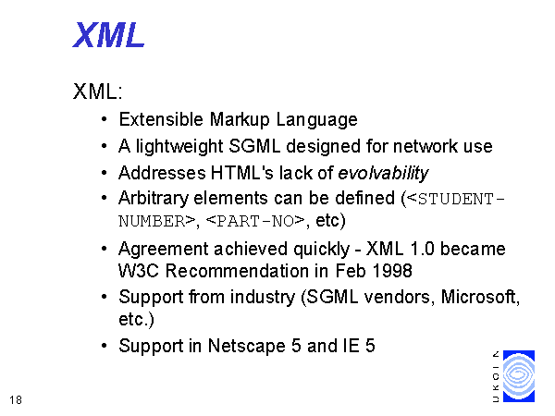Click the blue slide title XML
coord(108,35)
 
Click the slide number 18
coord(16,400)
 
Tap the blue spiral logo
coord(519,376)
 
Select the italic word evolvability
coord(383,173)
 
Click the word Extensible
coord(161,119)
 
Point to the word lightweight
coord(179,146)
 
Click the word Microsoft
coord(480,297)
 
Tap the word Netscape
coord(246,346)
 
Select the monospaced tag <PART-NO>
coord(255,221)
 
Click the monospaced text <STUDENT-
coord(456,199)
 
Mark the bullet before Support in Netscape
coord(104,346)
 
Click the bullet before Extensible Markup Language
coord(104,119)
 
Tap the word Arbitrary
coord(154,198)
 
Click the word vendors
coord(400,297)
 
